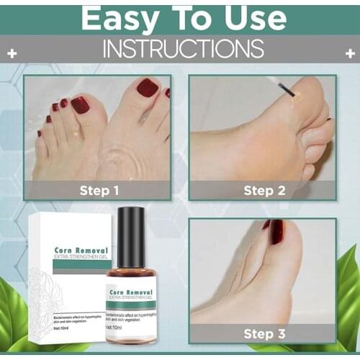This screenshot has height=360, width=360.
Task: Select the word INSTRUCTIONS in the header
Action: [x=181, y=49]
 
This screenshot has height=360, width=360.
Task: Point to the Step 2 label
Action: [x=264, y=191]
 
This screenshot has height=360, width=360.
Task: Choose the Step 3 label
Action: [x=264, y=333]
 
